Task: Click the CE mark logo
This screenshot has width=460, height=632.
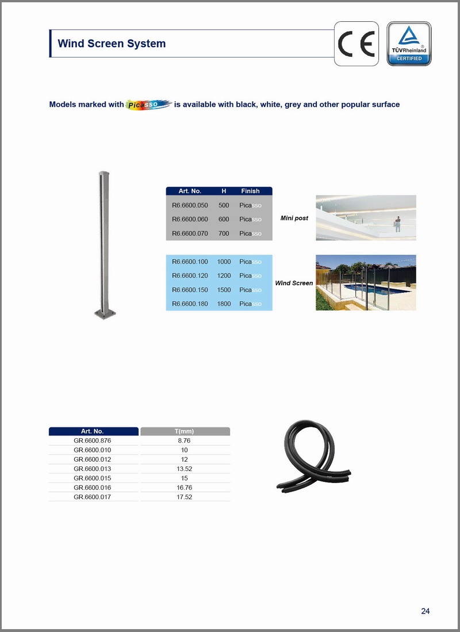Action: [356, 44]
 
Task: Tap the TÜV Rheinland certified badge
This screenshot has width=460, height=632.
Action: [409, 44]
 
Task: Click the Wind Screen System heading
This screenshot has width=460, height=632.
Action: [112, 44]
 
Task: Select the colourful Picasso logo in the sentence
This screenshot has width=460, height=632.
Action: [149, 104]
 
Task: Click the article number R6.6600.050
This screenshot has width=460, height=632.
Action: [190, 205]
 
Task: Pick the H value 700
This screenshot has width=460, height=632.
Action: [224, 233]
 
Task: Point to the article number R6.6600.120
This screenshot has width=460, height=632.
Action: [190, 275]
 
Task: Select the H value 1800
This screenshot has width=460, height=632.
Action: [224, 304]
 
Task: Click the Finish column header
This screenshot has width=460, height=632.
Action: [250, 191]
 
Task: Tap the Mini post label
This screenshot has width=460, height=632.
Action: [294, 219]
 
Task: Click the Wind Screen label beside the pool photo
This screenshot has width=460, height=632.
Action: [294, 283]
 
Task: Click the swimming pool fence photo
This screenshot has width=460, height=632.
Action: [366, 282]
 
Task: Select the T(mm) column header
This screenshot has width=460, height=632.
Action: [185, 431]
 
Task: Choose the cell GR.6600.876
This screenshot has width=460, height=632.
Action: [93, 441]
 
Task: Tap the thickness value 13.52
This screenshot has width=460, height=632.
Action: [185, 469]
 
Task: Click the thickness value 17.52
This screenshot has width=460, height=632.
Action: [185, 497]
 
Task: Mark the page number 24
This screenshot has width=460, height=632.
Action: [425, 611]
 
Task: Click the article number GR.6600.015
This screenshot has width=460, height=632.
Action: [93, 478]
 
